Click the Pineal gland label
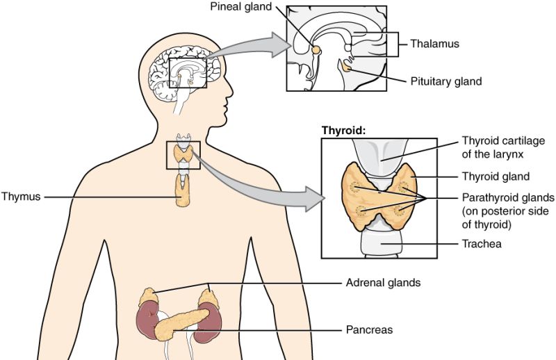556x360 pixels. [x=240, y=6]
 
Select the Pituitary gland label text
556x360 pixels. [x=446, y=81]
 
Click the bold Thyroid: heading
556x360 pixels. [x=343, y=131]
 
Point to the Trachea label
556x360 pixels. [x=482, y=244]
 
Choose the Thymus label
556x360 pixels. [x=21, y=197]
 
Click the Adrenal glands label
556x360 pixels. [x=384, y=283]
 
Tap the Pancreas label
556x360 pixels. [x=369, y=330]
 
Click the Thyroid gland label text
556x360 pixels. [x=496, y=177]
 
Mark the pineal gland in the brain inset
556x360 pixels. [x=316, y=49]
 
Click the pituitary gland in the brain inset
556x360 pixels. [x=345, y=66]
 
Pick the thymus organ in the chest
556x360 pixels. [x=183, y=191]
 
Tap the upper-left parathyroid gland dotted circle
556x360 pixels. [x=354, y=186]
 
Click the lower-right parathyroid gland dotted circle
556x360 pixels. [x=399, y=211]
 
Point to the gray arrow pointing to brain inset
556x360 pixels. [x=248, y=47]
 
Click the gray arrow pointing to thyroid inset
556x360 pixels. [x=259, y=184]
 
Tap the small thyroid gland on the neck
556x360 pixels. [x=183, y=155]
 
